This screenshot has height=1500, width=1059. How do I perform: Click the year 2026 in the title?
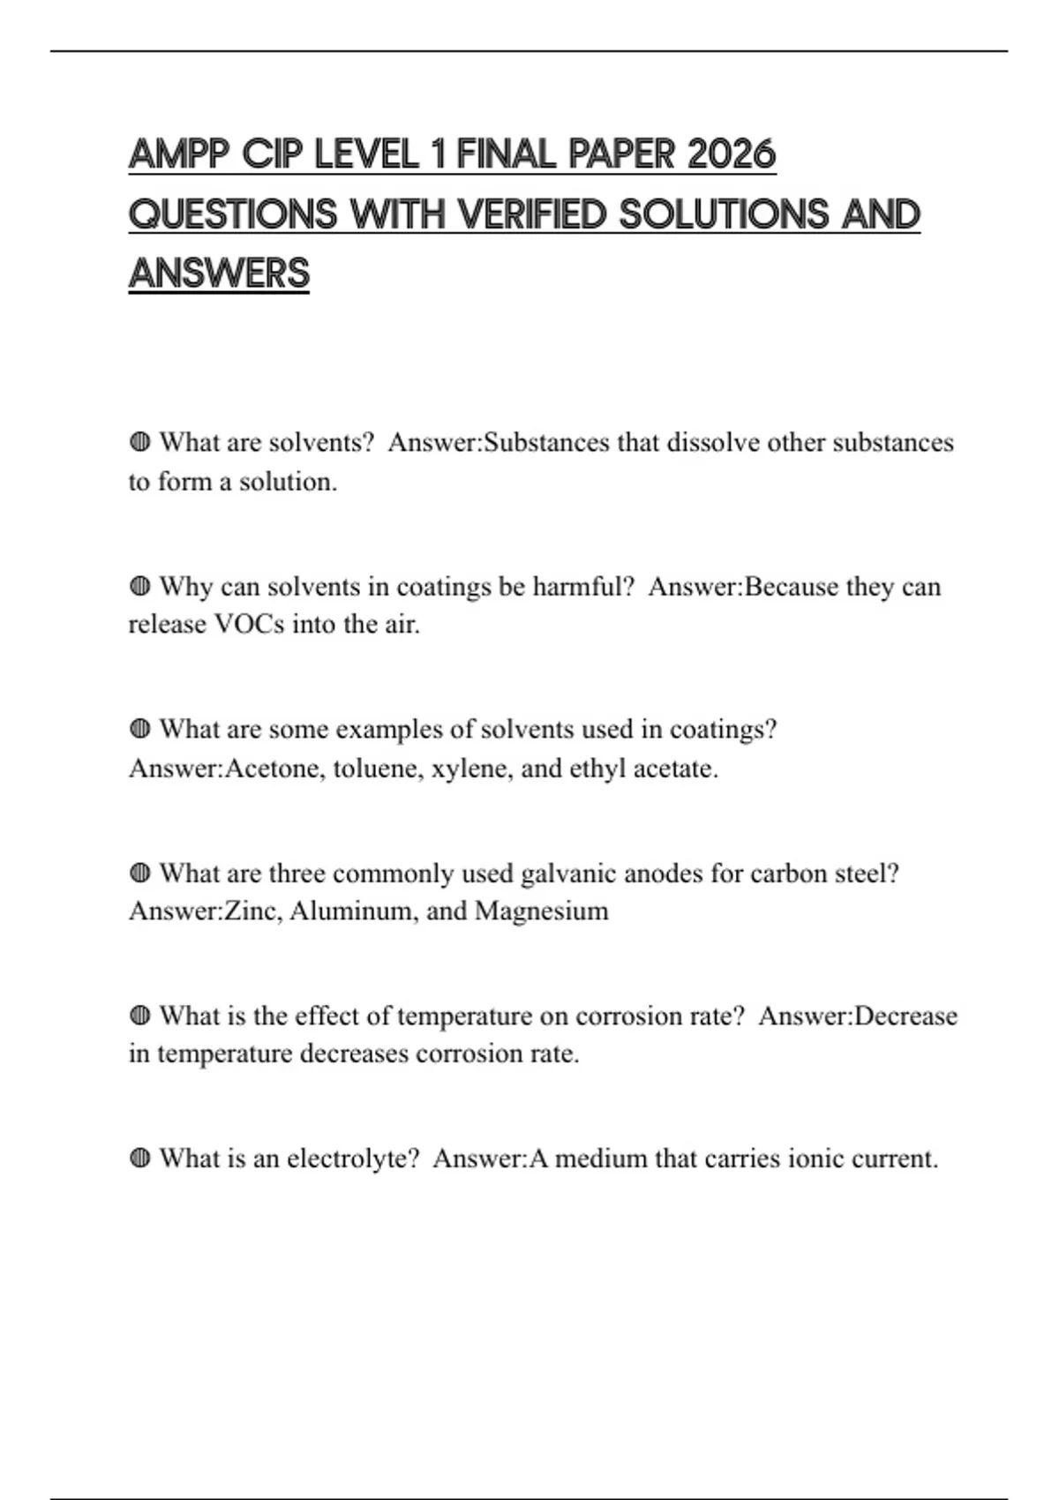(x=731, y=154)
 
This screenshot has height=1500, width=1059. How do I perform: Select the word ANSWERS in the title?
(x=219, y=274)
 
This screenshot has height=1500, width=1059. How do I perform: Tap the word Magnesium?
(x=541, y=911)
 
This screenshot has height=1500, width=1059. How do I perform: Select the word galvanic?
(x=568, y=874)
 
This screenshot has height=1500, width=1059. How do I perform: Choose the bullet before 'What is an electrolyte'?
(x=139, y=1159)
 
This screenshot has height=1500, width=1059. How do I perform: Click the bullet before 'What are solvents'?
(x=139, y=442)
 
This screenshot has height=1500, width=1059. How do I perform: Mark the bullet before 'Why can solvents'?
(x=139, y=586)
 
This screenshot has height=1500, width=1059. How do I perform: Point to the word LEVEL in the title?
(x=366, y=154)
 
